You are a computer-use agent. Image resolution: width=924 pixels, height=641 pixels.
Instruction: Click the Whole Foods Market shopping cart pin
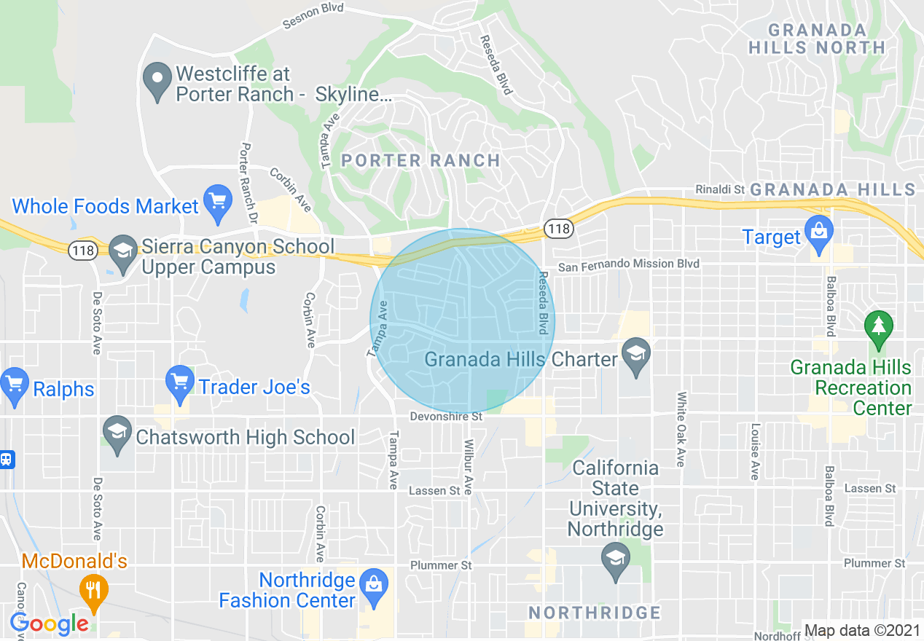[x=217, y=202]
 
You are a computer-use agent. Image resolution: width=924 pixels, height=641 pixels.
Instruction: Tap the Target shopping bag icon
[x=819, y=232]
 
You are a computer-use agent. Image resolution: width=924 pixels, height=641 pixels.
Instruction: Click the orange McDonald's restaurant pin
[x=93, y=591]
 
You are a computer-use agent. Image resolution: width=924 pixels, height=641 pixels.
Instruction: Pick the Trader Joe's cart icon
[x=179, y=382]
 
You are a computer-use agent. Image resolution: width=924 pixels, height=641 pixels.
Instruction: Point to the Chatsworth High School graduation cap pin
[x=117, y=433]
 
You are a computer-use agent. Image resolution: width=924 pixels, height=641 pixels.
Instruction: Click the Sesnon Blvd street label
[x=312, y=17]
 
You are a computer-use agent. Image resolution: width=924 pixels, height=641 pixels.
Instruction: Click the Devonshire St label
[x=446, y=417]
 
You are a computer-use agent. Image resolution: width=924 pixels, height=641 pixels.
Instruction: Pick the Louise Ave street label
[x=755, y=452]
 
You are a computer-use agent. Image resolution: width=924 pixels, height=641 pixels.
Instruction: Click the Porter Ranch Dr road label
[x=248, y=183]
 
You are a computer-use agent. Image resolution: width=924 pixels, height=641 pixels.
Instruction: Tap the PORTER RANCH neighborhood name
[x=420, y=160]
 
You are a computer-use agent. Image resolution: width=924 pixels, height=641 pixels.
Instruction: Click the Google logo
[x=50, y=624]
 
